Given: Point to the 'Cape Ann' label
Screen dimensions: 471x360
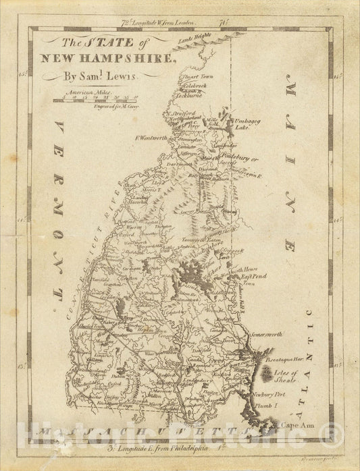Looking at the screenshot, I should click(290, 425).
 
